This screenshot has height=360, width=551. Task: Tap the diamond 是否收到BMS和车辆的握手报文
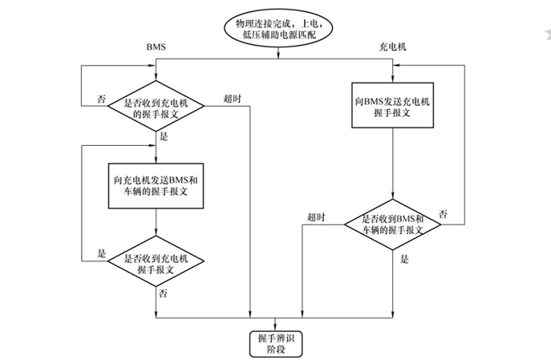click(x=392, y=224)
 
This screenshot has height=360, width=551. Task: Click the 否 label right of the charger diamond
click(x=444, y=214)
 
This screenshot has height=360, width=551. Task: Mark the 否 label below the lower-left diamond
click(x=163, y=293)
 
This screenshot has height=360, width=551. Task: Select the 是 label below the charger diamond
click(x=404, y=259)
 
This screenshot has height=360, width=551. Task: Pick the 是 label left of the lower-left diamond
click(x=101, y=253)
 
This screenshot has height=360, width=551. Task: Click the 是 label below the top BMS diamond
click(x=164, y=137)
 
